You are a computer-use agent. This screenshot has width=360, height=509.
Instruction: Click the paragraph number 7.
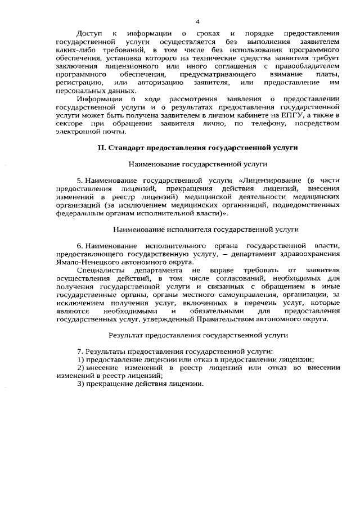pyautogui.click(x=79, y=351)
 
